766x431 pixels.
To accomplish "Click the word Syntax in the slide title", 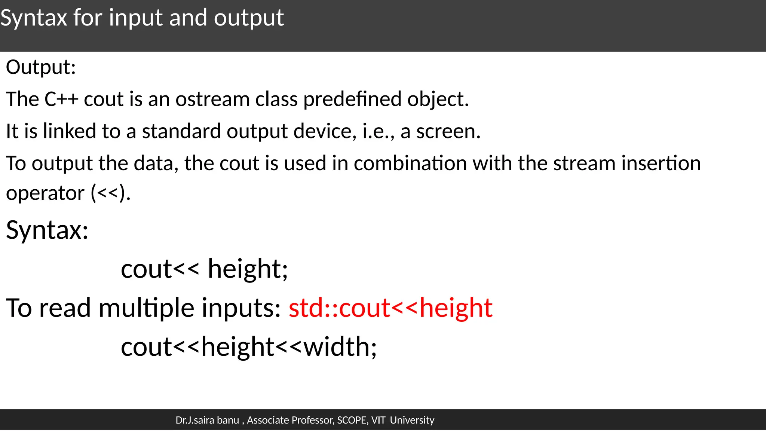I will [34, 18].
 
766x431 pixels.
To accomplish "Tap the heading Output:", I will [41, 68].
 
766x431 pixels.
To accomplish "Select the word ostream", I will [212, 100].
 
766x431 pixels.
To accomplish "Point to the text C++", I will [61, 100].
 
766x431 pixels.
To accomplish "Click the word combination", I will [410, 163].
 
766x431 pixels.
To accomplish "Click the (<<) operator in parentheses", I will [110, 193].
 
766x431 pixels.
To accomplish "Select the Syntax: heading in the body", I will [47, 230].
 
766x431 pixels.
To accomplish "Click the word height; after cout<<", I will [248, 269].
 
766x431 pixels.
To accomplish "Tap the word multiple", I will [146, 308].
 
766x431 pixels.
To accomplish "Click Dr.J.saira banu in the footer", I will [207, 420].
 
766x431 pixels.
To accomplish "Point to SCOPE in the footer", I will [352, 420].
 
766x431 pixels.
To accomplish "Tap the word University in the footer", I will [412, 420].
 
